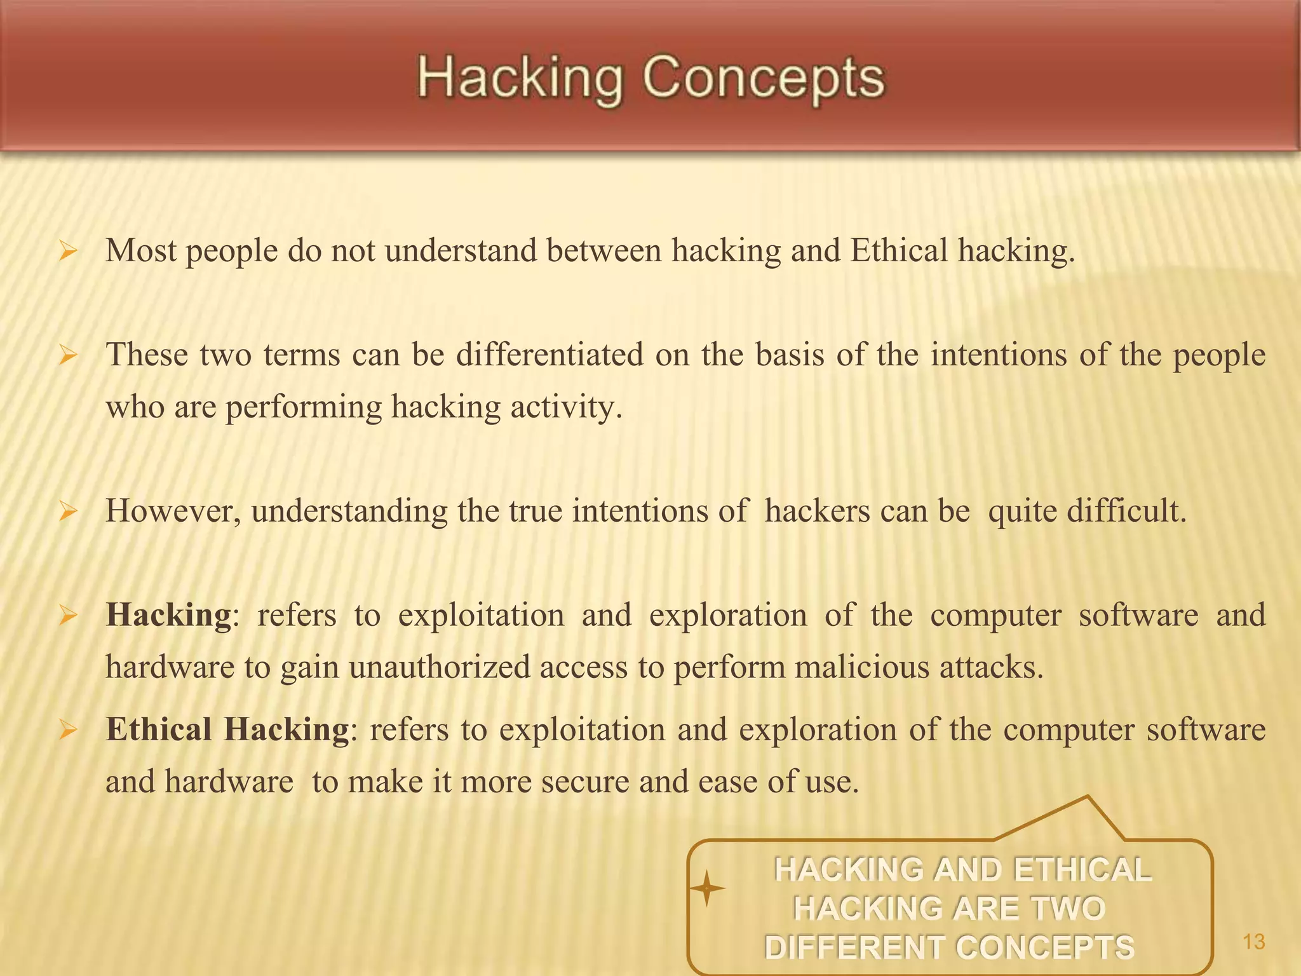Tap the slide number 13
[1253, 942]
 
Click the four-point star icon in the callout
[706, 888]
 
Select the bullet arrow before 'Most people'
[67, 252]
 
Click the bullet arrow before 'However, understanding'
[67, 512]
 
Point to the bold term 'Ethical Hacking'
[227, 729]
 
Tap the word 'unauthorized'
[440, 668]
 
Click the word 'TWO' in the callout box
[1068, 909]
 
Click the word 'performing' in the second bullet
[304, 407]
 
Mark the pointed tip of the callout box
[1087, 796]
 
